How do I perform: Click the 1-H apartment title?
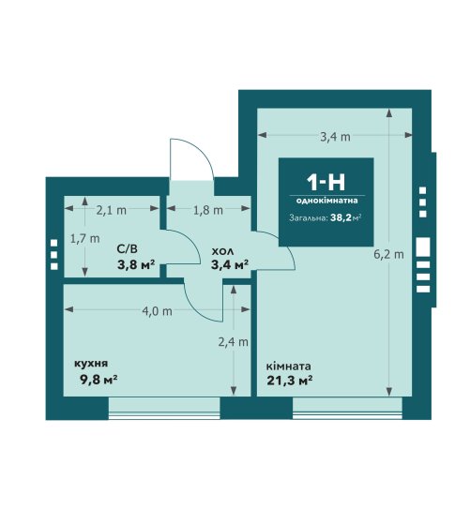click(x=326, y=183)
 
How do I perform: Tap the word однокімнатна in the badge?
click(x=326, y=201)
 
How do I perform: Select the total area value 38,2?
click(x=341, y=217)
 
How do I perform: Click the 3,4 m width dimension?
click(x=335, y=137)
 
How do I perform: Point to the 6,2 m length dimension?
click(x=388, y=255)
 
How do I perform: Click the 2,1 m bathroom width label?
click(x=111, y=211)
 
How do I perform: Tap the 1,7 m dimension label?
click(x=85, y=239)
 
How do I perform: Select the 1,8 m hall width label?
click(x=208, y=211)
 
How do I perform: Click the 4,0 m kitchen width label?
click(x=158, y=311)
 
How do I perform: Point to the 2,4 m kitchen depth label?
click(x=233, y=342)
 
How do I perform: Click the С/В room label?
click(x=127, y=249)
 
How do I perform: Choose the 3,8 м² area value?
click(x=136, y=265)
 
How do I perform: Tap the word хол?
click(x=222, y=251)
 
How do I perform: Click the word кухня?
click(x=91, y=364)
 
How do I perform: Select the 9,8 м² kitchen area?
click(x=99, y=379)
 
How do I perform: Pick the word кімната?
click(x=288, y=367)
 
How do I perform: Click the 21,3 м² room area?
click(x=290, y=380)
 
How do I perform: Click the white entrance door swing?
click(x=191, y=159)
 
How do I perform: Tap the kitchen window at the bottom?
click(x=164, y=408)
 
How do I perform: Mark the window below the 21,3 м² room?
click(x=347, y=408)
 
